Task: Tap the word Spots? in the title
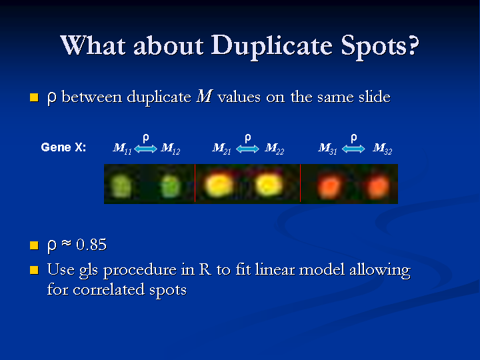379,47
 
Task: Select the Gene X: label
64,147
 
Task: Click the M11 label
122,149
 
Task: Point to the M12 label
171,149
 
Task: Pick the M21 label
221,149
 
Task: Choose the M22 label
275,149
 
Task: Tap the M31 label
327,149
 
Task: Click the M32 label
383,149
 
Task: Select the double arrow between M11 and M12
146,149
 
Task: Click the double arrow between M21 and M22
247,149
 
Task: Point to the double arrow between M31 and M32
353,149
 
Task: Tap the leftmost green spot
121,186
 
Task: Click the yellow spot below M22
269,185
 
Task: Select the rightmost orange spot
379,187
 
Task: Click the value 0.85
91,245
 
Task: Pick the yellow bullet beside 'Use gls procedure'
34,270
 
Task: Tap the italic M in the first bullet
205,97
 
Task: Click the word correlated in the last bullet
109,289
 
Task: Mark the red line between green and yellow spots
195,183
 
